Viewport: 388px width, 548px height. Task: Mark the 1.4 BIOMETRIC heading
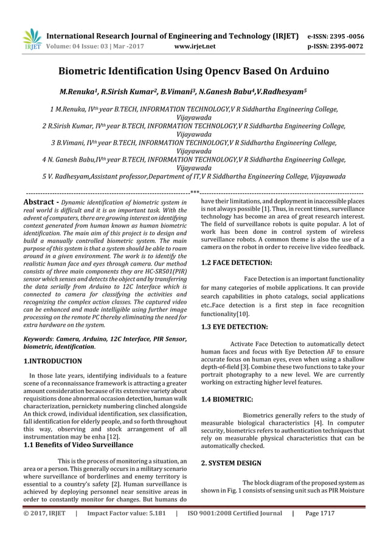coord(227,399)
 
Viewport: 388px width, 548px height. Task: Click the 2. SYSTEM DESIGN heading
coord(231,463)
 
